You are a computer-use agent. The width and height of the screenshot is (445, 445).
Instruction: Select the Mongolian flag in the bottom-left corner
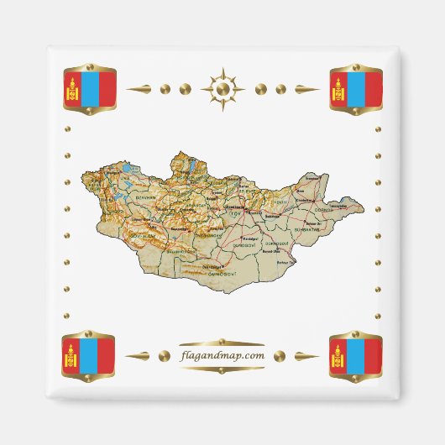click(x=89, y=356)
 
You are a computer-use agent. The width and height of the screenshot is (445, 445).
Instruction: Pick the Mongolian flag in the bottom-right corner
click(x=356, y=356)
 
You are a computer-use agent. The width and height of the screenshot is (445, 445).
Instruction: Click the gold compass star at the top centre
click(x=222, y=88)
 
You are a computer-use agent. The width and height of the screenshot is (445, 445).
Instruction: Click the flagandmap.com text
click(x=222, y=355)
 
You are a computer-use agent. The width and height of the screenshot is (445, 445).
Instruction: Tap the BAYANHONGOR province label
click(x=180, y=250)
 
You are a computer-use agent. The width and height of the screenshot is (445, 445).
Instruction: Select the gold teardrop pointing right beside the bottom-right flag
click(x=306, y=356)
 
